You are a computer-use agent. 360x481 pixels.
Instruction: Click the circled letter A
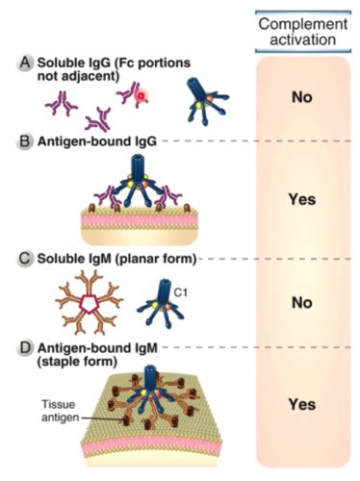(24, 63)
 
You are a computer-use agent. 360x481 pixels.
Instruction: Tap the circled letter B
(24, 141)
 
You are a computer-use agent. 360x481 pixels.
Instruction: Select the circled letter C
(24, 259)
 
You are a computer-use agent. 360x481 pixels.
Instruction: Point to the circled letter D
(24, 348)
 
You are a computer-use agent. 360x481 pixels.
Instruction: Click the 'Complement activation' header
(303, 32)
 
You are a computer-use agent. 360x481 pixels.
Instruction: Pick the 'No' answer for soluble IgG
(302, 97)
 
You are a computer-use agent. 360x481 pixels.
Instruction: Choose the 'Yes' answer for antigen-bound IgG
(302, 199)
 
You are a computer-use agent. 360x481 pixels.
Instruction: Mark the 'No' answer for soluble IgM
(302, 303)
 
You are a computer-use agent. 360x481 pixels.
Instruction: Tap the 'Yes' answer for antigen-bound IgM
(302, 404)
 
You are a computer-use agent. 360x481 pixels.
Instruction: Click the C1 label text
(181, 292)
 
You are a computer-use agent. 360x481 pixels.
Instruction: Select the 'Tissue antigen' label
(60, 411)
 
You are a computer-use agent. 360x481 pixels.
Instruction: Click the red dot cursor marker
(141, 95)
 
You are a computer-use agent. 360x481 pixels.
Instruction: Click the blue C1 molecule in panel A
(206, 100)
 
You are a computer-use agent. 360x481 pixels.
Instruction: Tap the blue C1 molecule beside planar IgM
(161, 303)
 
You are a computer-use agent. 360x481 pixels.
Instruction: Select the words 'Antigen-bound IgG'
(97, 141)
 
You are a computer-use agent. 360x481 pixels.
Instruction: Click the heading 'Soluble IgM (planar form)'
(116, 259)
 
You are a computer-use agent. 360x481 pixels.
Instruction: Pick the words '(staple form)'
(77, 362)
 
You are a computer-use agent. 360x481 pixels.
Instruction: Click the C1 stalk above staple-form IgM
(150, 378)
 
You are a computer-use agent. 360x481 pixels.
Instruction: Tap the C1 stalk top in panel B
(137, 158)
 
